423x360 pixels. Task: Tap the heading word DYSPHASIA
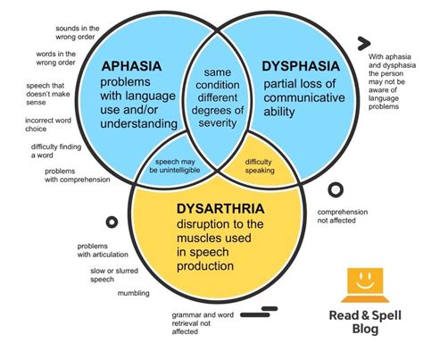(302, 65)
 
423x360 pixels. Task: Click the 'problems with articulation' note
(103, 250)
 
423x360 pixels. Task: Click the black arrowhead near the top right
(363, 43)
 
